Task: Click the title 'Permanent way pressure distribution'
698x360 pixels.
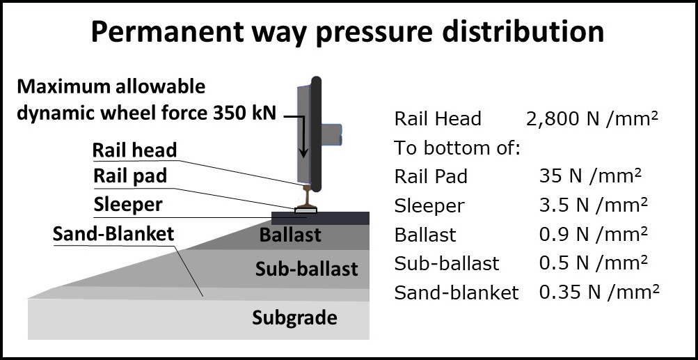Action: tap(347, 33)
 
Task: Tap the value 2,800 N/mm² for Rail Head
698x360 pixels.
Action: tap(592, 119)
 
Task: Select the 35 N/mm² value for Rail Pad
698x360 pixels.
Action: tap(590, 177)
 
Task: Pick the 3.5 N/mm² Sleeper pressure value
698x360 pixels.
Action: tap(593, 206)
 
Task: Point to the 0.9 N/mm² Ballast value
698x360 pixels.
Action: tap(593, 235)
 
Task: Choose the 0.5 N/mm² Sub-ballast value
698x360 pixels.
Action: tap(593, 263)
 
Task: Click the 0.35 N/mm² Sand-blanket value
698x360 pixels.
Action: tap(598, 292)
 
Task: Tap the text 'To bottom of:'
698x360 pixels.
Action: tap(457, 148)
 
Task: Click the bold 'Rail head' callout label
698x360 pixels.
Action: tap(134, 150)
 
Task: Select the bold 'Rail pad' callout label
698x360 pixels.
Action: tap(130, 176)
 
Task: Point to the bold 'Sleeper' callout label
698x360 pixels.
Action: tap(128, 205)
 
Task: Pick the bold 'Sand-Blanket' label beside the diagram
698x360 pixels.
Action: tap(113, 233)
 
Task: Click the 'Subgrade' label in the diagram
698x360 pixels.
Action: tap(294, 318)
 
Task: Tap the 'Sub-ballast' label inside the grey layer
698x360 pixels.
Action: tap(307, 269)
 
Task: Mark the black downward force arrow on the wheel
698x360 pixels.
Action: tap(303, 136)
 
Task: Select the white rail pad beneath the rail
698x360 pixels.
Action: tap(306, 210)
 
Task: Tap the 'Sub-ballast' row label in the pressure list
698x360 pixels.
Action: tap(447, 264)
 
